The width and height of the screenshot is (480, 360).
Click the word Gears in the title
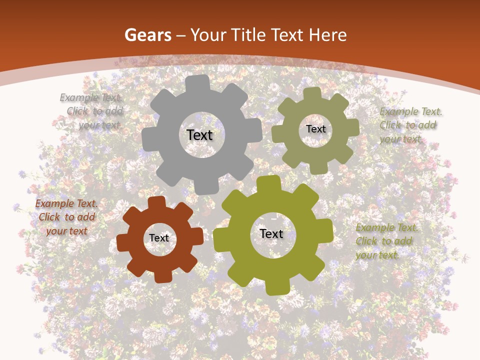[147, 35]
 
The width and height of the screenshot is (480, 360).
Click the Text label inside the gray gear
[199, 135]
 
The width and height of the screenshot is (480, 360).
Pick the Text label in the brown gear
[159, 238]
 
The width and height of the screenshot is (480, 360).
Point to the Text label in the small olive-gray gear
[315, 129]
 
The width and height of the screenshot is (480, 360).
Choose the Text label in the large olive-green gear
[271, 233]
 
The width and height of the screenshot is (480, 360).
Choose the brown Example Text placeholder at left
[66, 217]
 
